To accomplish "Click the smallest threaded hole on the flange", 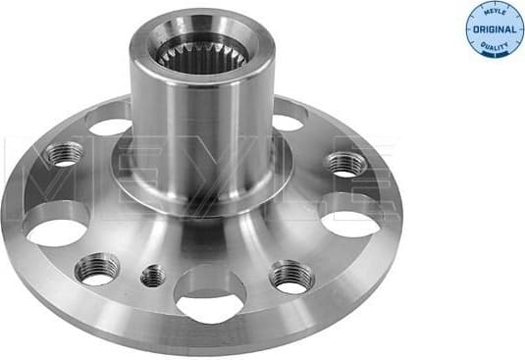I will (152, 277).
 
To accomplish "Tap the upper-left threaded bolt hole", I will (65, 154).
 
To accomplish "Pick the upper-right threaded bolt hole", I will (344, 163).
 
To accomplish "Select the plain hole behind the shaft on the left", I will (109, 122).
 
